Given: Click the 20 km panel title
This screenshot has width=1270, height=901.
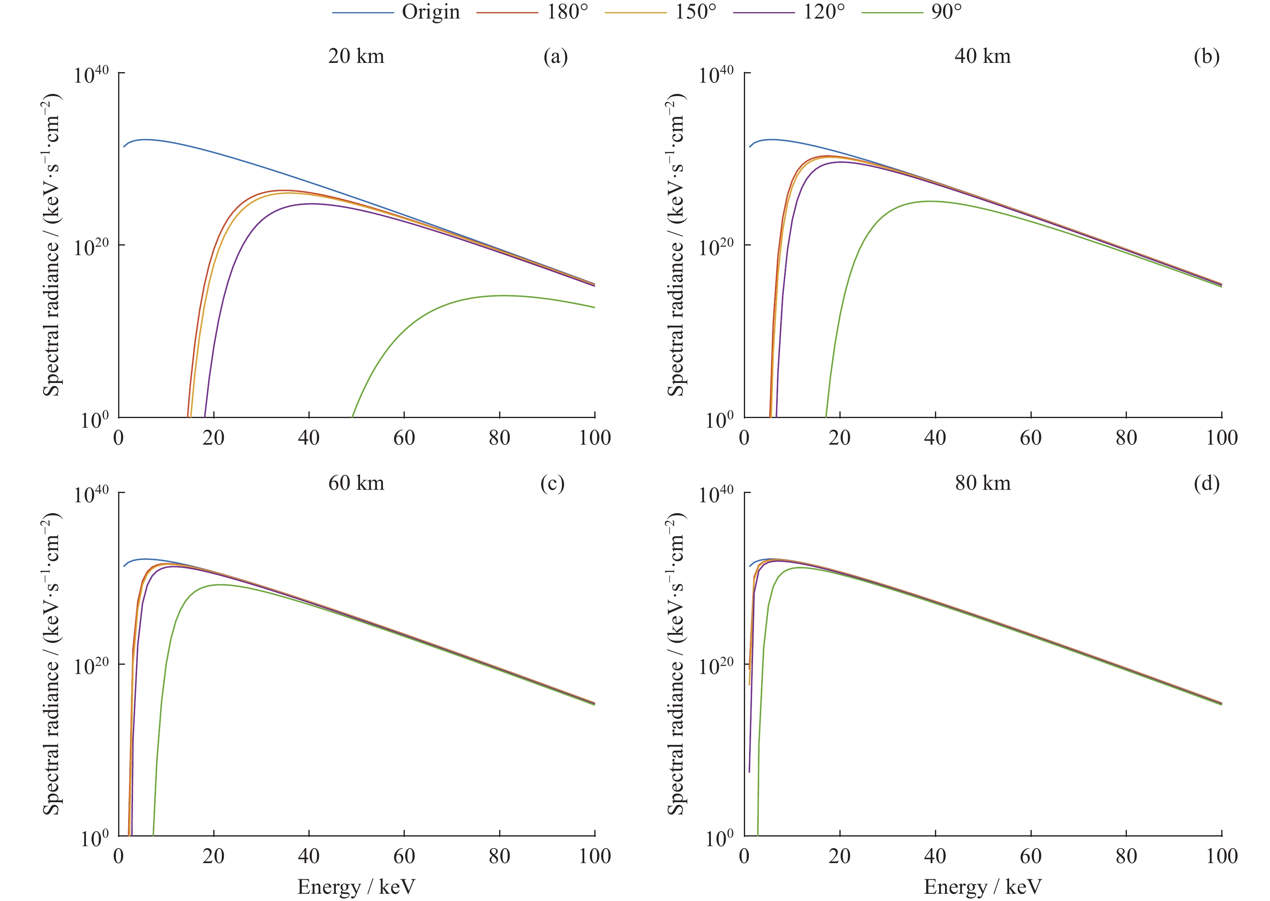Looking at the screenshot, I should coord(356,56).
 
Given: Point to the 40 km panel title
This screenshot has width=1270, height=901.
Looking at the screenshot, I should coord(982,56).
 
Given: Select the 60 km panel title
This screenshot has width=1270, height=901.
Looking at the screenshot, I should coord(356,483).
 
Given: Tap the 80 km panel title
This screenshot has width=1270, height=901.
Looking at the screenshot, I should coord(982,483).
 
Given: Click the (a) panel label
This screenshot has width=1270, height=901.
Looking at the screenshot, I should coord(556,56).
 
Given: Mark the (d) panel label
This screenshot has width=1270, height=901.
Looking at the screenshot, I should coord(1206,483).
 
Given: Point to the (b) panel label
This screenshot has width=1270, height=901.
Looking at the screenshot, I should coord(1206,56).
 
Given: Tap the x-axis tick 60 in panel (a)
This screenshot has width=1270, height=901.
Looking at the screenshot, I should coord(404,438).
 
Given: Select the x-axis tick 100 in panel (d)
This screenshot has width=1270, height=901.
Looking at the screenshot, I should coord(1222,857).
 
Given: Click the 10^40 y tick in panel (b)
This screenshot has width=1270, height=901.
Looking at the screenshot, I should coord(716,74).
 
